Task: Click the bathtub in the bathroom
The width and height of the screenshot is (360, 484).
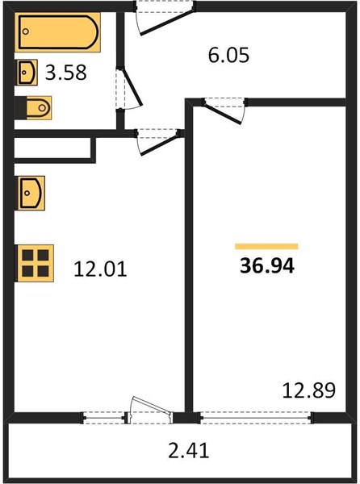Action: coord(58,32)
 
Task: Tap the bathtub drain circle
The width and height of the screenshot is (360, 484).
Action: coord(26,31)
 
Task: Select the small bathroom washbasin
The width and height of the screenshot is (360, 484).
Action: coord(27,73)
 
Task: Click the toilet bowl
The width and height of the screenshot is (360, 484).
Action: coord(39,108)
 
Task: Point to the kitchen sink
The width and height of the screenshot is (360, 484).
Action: coord(31,193)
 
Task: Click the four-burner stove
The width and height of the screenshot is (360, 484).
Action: coord(36,263)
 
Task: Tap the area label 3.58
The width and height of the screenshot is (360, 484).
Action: coord(65,73)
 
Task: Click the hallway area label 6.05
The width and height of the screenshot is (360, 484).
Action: coord(228,55)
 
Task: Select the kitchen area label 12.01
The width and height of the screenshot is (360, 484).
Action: coord(100,269)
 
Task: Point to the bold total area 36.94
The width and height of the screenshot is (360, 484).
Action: coord(267,265)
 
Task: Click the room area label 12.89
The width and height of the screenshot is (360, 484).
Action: coord(309,390)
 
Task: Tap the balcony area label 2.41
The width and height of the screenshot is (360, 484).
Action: coord(189,450)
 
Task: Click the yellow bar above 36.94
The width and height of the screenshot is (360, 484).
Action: coord(266,246)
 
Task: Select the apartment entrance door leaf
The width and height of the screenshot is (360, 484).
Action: coord(167,23)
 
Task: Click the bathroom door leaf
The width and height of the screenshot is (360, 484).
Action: coord(132,86)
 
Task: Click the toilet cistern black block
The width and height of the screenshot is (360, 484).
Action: coord(20,108)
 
